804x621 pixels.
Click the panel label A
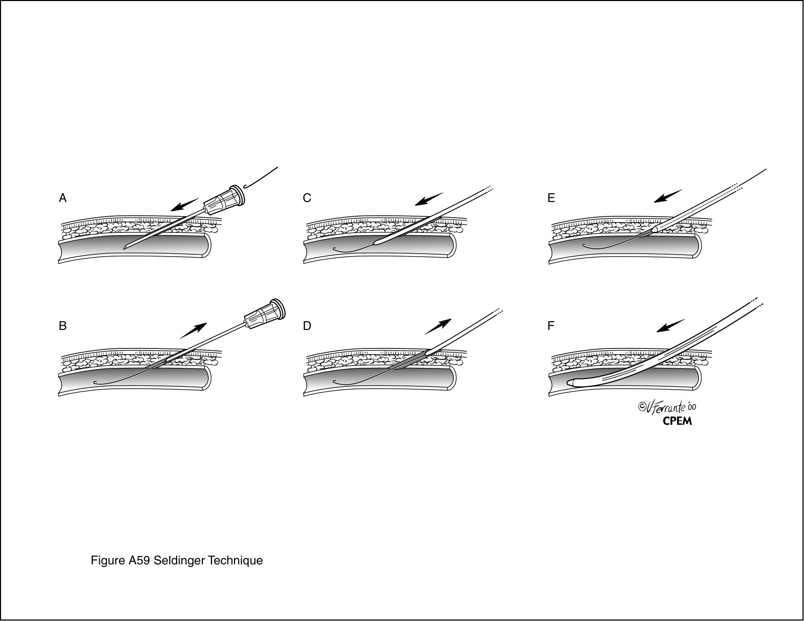click(63, 198)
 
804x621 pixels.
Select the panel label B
click(63, 326)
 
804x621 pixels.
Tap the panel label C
click(307, 198)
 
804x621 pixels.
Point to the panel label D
click(307, 326)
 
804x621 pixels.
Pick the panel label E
click(551, 198)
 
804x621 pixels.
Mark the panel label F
click(551, 326)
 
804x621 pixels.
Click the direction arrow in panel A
click(185, 205)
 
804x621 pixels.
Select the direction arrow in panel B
click(193, 330)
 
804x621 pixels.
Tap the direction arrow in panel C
click(429, 199)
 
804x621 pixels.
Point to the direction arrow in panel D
click(438, 327)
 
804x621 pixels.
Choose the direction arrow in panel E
click(668, 196)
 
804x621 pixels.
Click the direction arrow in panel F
click(670, 325)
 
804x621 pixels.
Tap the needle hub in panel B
click(265, 314)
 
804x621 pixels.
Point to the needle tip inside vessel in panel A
click(125, 248)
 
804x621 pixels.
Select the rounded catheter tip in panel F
click(572, 382)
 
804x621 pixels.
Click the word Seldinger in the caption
click(179, 560)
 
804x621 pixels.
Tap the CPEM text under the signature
click(677, 421)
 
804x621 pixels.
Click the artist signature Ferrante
click(667, 407)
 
